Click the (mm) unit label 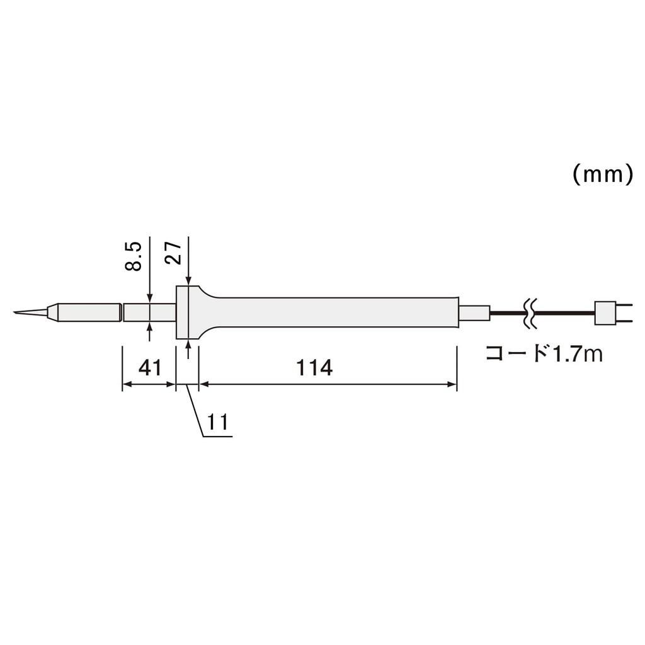(x=602, y=174)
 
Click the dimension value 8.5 (x=133, y=254)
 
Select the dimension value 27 (x=174, y=251)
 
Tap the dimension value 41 (x=150, y=367)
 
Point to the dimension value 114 (x=314, y=367)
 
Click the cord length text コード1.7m (x=544, y=353)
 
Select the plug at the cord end (x=607, y=312)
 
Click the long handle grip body (x=334, y=312)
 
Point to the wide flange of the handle (x=183, y=312)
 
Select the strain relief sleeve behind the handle (x=474, y=312)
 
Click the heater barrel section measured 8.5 (x=149, y=312)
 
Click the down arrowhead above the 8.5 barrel (x=149, y=299)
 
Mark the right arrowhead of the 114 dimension (x=452, y=385)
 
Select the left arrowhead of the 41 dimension (x=126, y=385)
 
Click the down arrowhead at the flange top (x=188, y=281)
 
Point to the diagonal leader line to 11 (x=195, y=409)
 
